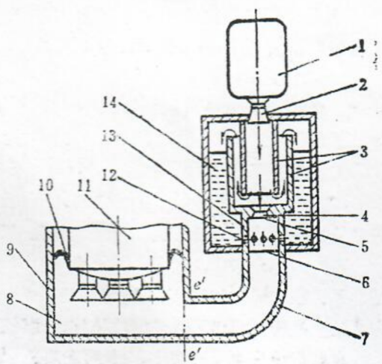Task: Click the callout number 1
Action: pos(360,47)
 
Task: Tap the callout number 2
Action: pos(362,85)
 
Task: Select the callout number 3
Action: pos(363,152)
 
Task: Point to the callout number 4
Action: pos(364,217)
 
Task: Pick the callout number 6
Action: pos(365,283)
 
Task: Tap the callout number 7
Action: pos(365,339)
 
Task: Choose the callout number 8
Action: pos(10,299)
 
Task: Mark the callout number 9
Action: pos(10,250)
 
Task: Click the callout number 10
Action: pos(46,185)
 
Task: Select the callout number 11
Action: pos(84,185)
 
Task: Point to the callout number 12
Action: pos(109,176)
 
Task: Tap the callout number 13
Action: pos(109,136)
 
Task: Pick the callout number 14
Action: pos(110,102)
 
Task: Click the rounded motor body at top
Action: pos(256,58)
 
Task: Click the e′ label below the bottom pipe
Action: pos(192,355)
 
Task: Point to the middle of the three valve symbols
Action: pos(264,238)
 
